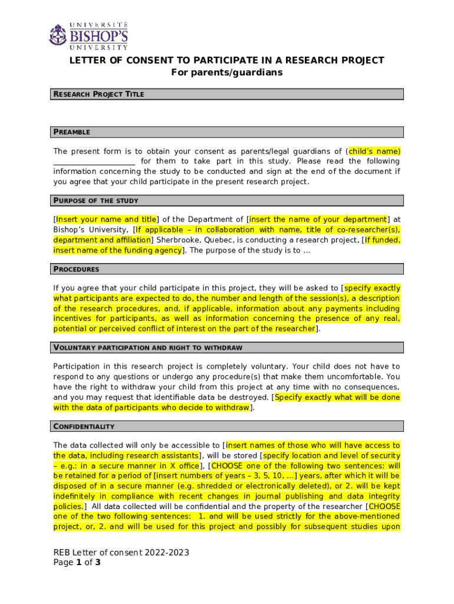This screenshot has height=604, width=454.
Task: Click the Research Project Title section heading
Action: pyautogui.click(x=98, y=94)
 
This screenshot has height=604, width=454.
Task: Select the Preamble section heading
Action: pyautogui.click(x=71, y=132)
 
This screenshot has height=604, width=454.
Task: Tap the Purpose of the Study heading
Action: pyautogui.click(x=96, y=201)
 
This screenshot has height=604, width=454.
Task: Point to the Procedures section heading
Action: pyautogui.click(x=76, y=270)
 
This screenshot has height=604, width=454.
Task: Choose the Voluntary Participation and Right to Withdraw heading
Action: pyautogui.click(x=147, y=347)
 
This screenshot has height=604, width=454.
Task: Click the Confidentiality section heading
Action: pyautogui.click(x=84, y=426)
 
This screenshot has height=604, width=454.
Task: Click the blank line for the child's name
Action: pyautogui.click(x=94, y=162)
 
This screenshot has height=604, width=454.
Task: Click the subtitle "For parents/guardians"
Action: pyautogui.click(x=227, y=73)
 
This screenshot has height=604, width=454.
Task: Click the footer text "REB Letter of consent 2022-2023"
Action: pyautogui.click(x=121, y=552)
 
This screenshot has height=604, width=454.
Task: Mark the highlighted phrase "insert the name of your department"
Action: pyautogui.click(x=318, y=219)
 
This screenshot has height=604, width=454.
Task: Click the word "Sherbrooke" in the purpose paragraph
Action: pyautogui.click(x=177, y=240)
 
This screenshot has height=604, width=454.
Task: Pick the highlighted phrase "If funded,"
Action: pyautogui.click(x=382, y=240)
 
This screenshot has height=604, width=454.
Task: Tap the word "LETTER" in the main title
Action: pyautogui.click(x=87, y=60)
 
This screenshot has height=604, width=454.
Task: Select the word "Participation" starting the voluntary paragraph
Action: pyautogui.click(x=77, y=366)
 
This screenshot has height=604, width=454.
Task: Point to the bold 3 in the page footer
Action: pyautogui.click(x=98, y=562)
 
